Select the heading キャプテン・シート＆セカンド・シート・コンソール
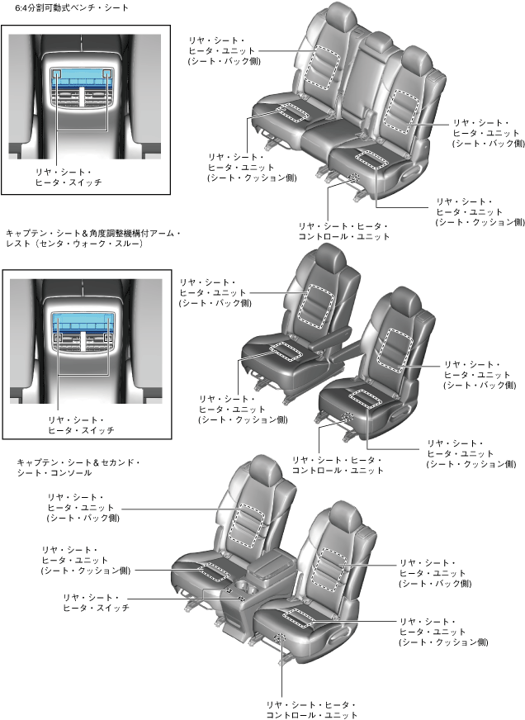pos(78,467)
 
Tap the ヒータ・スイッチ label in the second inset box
pos(81,425)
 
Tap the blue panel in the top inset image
pos(83,83)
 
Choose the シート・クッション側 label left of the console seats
pos(86,571)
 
